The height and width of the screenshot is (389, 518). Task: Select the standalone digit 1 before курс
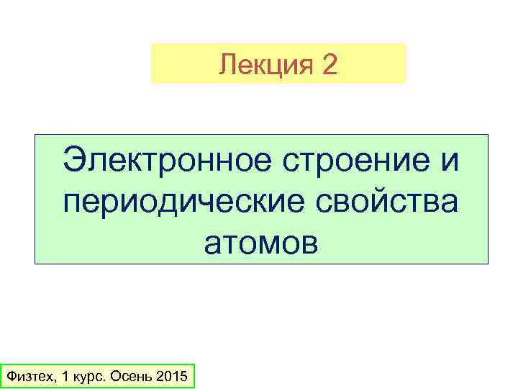click(65, 377)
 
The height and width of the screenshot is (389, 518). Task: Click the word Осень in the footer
click(132, 377)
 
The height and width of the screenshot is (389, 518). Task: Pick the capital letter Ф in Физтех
click(9, 377)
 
